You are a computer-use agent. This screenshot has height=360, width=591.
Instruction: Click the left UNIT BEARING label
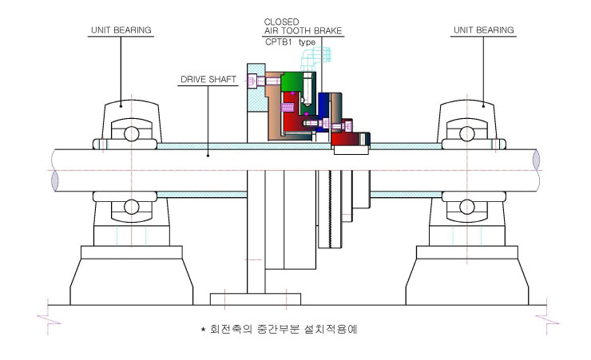point(121,30)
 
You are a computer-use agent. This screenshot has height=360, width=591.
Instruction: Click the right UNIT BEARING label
point(483,30)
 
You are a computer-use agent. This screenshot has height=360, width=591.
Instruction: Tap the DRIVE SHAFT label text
point(208,80)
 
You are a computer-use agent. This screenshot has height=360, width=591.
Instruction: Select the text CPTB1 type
point(290,42)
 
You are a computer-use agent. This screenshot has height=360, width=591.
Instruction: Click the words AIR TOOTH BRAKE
point(303,31)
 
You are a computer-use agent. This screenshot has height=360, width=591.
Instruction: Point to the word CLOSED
point(282,22)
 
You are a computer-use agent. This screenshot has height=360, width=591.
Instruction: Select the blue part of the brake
point(323,109)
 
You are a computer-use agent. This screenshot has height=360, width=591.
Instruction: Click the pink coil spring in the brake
point(288,108)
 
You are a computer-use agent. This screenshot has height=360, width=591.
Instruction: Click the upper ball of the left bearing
point(132,133)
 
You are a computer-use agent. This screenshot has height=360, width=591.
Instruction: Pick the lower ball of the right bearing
point(467,207)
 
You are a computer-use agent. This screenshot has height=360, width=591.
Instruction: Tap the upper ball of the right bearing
point(467,133)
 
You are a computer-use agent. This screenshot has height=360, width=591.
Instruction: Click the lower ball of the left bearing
point(132,207)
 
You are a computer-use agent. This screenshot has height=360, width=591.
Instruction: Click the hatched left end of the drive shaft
point(55,180)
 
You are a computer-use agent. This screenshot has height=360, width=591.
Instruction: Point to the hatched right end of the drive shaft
point(536,160)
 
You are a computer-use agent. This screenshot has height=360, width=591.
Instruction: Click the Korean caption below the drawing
point(280,329)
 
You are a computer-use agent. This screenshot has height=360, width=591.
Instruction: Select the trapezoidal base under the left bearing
point(132,282)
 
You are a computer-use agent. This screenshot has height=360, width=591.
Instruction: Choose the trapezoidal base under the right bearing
point(467,282)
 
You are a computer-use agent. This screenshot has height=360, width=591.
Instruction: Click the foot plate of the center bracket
point(256,299)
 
